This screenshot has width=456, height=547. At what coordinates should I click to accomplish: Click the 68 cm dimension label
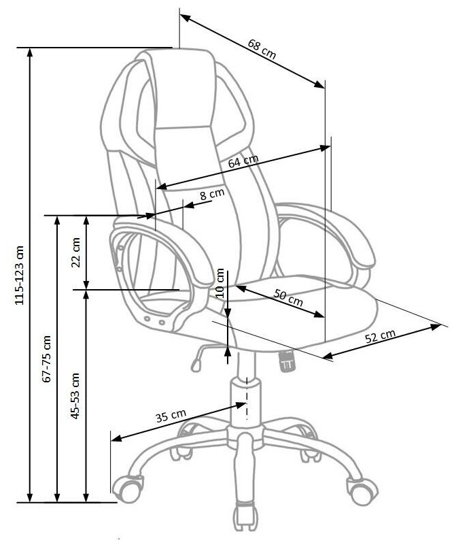click(x=262, y=50)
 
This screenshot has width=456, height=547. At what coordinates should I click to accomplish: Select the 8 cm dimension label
click(x=211, y=195)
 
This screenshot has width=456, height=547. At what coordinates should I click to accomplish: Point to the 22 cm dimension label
click(x=75, y=252)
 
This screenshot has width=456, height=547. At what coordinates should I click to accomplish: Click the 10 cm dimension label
click(x=220, y=282)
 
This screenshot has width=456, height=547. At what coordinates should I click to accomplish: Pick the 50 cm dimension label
click(x=288, y=297)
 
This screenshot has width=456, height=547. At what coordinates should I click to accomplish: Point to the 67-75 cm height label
click(x=47, y=359)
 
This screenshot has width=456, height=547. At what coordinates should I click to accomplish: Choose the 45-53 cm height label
click(x=75, y=395)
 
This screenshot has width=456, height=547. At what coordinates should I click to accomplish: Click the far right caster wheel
click(x=362, y=488)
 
